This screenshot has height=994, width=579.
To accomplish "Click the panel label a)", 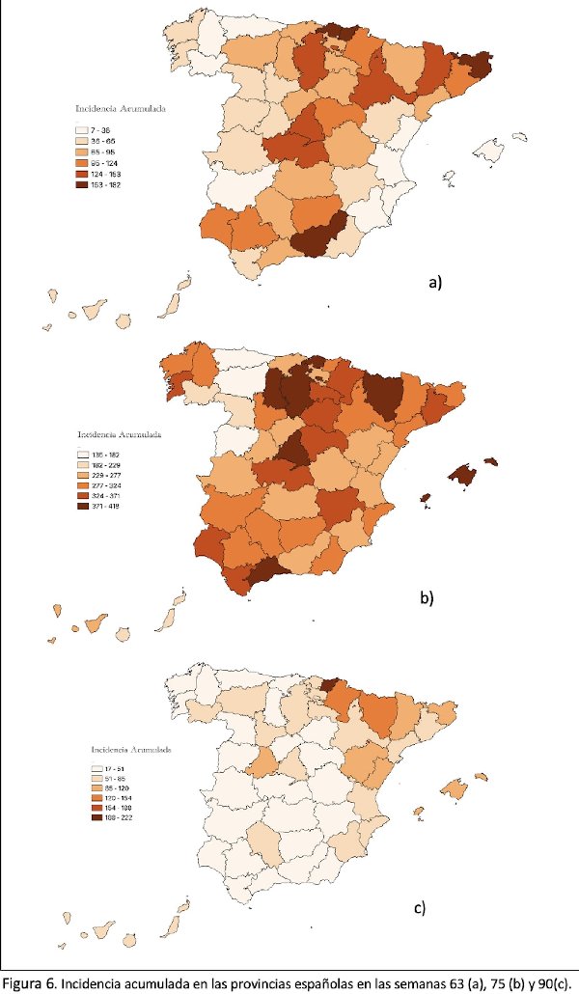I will click(x=434, y=283).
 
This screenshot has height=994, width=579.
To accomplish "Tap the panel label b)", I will click(x=427, y=597).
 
